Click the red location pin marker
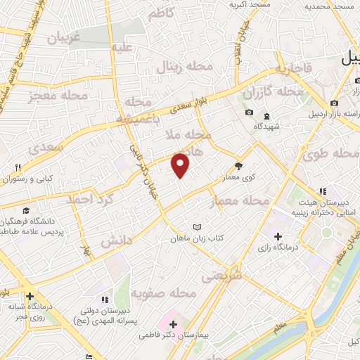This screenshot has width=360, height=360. [x=181, y=164]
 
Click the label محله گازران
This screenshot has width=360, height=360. [x=273, y=91]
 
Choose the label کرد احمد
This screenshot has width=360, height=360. [x=90, y=199]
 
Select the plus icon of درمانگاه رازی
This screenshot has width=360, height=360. [x=278, y=237]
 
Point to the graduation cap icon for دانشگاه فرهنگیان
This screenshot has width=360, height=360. [x=26, y=210]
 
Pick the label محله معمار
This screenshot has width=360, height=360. [x=240, y=202]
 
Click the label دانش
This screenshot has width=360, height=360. [x=116, y=240]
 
